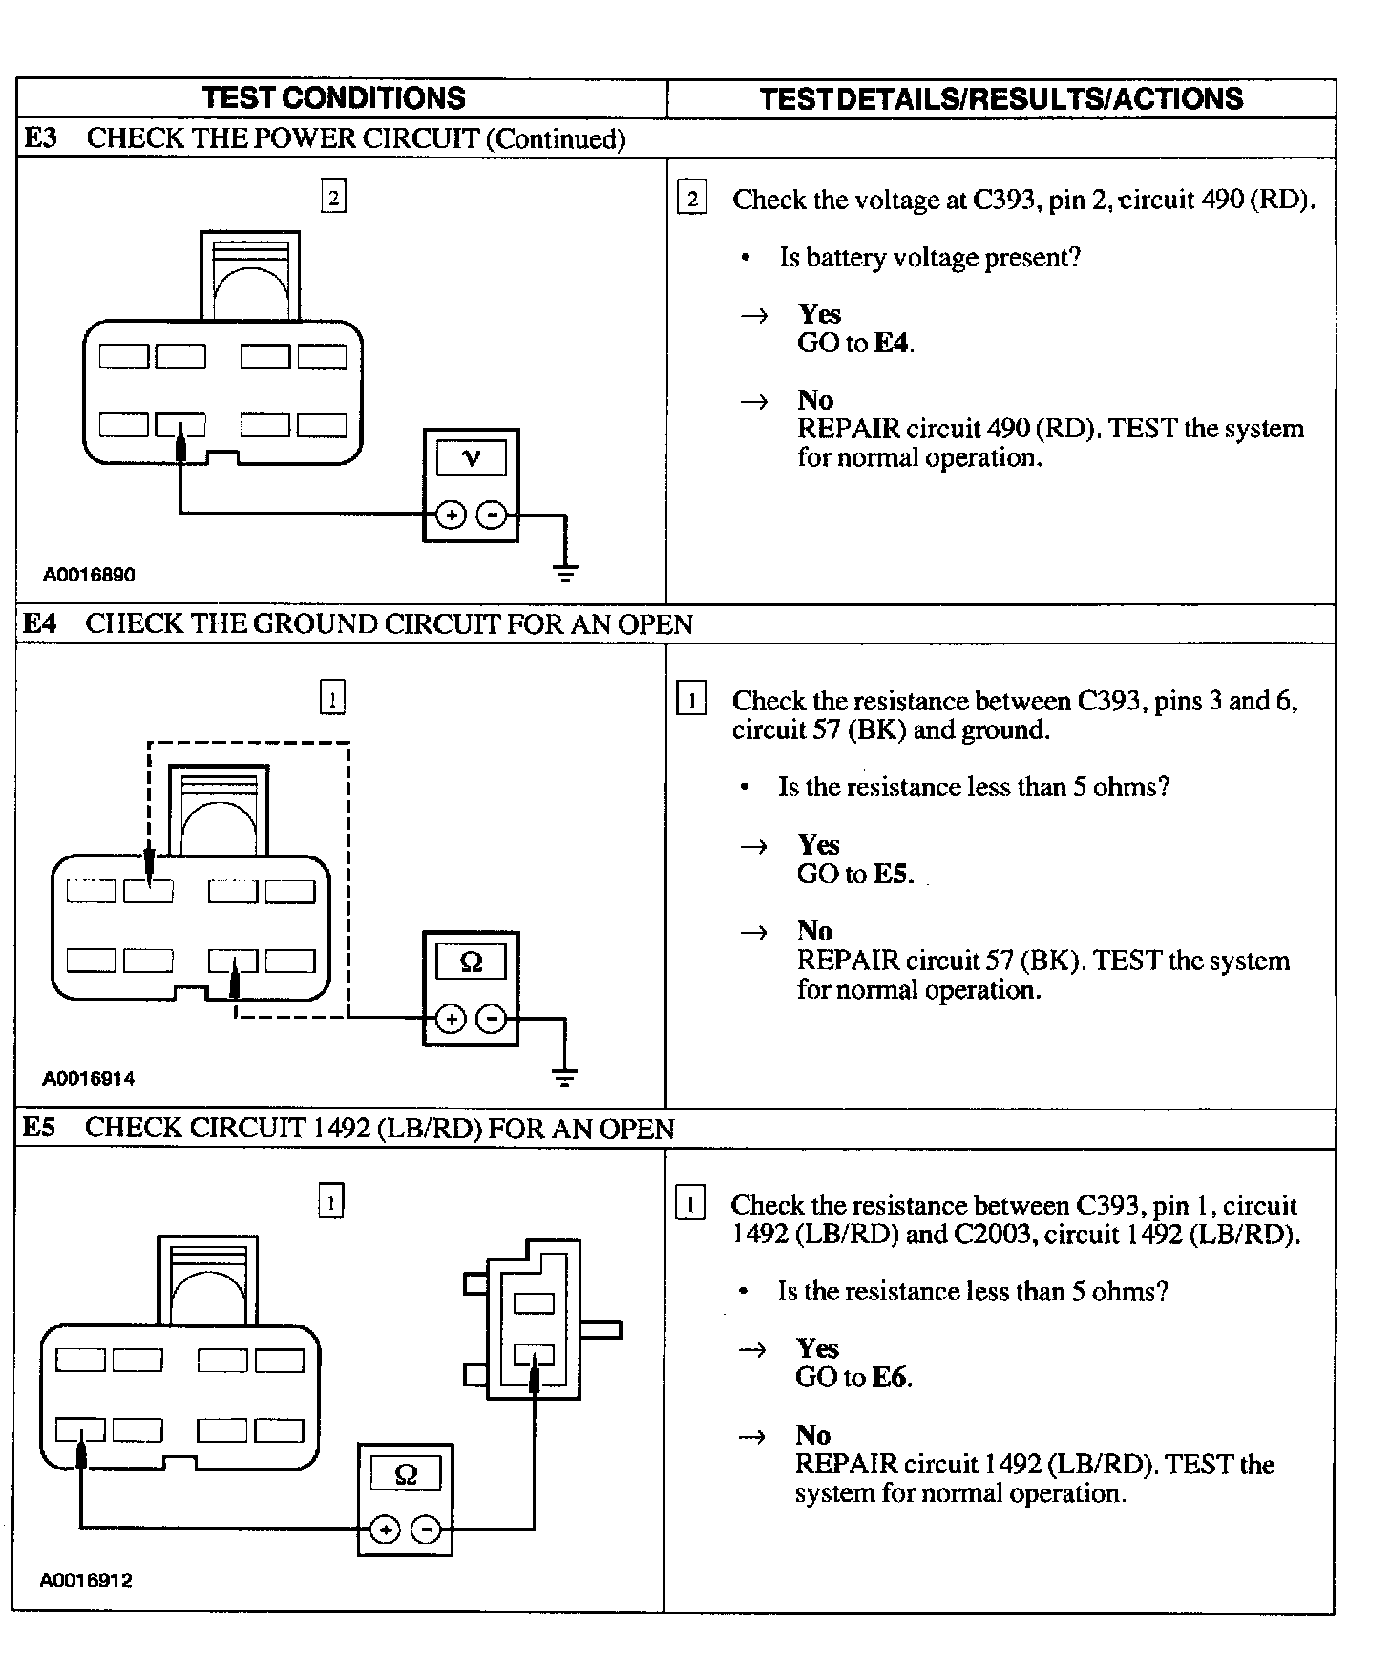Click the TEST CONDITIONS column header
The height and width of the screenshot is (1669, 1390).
pos(333,98)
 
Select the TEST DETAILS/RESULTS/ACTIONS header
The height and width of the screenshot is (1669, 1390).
pos(1001,99)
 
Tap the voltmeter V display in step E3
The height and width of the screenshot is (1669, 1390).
pos(471,458)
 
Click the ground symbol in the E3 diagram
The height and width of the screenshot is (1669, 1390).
pos(565,573)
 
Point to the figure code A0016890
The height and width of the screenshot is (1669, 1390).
pos(89,575)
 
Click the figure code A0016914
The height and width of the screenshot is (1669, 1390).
pos(89,1079)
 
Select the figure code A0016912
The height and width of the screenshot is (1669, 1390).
pos(86,1580)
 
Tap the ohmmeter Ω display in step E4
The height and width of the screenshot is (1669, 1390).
pos(471,961)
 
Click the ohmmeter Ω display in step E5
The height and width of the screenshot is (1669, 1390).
pos(405,1474)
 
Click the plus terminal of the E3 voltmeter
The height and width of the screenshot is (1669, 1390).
pos(451,516)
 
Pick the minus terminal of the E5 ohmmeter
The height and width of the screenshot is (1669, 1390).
pos(426,1531)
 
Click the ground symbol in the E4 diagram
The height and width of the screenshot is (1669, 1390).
pos(565,1078)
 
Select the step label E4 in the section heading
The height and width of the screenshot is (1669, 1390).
pos(39,624)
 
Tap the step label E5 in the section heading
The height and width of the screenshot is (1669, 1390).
pos(39,1128)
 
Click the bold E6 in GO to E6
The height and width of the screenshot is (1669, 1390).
pos(891,1377)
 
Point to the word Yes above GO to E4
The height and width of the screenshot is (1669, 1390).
pos(819,314)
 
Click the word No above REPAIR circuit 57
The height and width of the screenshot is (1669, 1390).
pos(814,931)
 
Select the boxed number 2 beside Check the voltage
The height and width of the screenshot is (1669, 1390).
pos(691,199)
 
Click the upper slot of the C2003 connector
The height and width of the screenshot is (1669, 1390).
pos(534,1303)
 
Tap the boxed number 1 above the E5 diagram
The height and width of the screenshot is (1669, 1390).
pos(330,1202)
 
